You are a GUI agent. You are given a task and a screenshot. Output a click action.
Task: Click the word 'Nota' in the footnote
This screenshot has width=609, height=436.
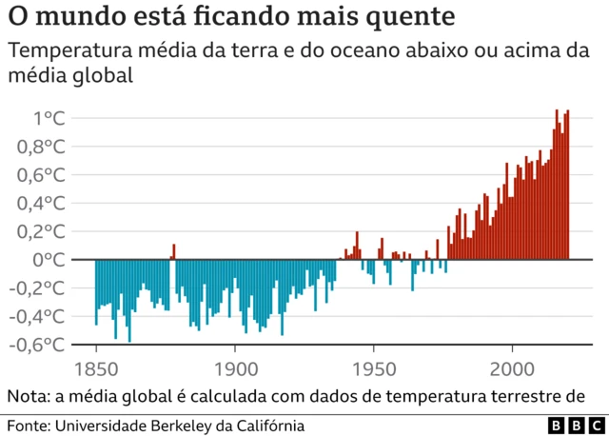point(29,396)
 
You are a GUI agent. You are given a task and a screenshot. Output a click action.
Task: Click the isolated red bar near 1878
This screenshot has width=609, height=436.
point(173,251)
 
